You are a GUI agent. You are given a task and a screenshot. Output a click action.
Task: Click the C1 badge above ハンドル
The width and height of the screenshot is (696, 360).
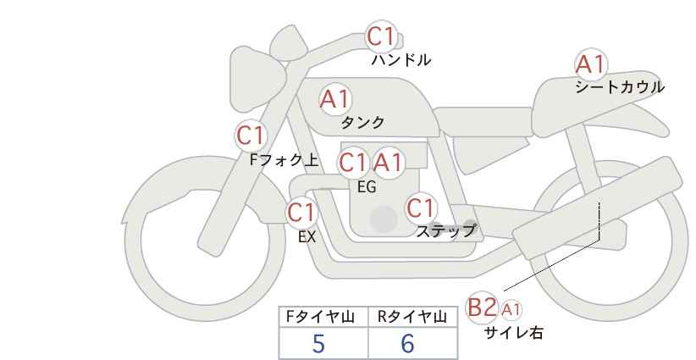pos(381,36)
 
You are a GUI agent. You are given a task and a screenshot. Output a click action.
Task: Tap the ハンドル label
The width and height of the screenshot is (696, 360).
pos(400,60)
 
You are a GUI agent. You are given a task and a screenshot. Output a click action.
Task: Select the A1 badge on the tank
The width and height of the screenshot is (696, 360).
pos(335,99)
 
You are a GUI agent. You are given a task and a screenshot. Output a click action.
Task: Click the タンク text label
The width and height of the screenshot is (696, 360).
pos(362,122)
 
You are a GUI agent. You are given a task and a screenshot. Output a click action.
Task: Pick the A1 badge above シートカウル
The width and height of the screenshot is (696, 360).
pos(590,64)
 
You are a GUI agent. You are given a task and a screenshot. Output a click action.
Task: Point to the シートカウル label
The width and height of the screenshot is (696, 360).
pos(620,87)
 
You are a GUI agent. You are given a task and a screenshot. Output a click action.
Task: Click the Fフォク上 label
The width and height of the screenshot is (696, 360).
pos(284,160)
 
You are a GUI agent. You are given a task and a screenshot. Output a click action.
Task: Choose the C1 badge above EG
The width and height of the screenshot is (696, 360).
pos(353,163)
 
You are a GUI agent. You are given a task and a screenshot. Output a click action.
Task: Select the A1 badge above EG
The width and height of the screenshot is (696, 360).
pos(388,163)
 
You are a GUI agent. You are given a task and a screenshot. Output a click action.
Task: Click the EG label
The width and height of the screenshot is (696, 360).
pos(367,187)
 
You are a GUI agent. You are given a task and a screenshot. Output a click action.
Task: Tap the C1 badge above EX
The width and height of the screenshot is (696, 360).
pos(301,213)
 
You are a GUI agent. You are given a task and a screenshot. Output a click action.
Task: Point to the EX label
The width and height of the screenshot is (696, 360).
pos(307,237)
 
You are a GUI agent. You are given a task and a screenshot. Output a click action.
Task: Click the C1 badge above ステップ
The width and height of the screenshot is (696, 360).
pos(421,208)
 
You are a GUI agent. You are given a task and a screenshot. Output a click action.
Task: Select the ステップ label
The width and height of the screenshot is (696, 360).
pos(445,231)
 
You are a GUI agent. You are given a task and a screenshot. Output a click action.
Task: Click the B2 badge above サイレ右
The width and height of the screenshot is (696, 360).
pos(482,307)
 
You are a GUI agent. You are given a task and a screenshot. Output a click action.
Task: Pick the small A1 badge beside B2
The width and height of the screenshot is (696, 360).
pos(511,309)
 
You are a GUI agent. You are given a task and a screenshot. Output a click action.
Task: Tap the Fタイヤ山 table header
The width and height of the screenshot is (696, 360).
pos(320,317)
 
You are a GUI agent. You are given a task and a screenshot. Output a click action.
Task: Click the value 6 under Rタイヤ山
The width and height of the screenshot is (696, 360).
pos(407,343)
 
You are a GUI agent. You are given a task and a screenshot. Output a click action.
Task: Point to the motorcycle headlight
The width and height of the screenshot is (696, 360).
pos(256,80)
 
